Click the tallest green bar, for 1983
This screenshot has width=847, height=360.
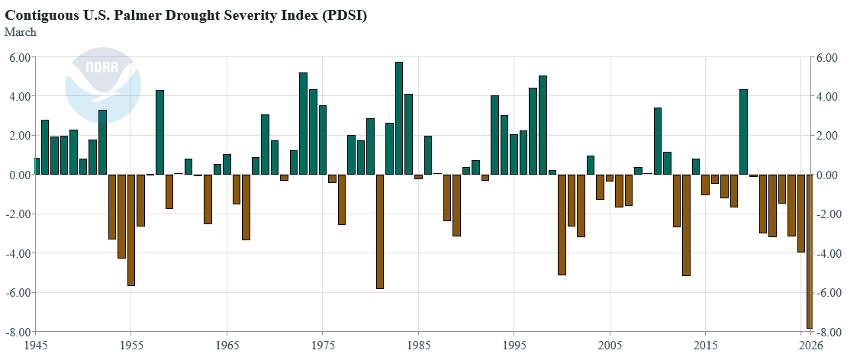[x=399, y=118]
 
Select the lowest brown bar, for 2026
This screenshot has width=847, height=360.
[x=810, y=251]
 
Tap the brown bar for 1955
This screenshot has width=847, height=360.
[x=130, y=230]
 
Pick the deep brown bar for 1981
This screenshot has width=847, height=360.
[x=380, y=232]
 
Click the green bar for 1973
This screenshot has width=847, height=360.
[x=303, y=124]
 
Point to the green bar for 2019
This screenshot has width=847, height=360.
[x=743, y=132]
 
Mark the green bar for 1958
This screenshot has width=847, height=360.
[x=160, y=132]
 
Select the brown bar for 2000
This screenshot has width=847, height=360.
[x=562, y=224]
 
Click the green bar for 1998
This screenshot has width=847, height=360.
[x=543, y=125]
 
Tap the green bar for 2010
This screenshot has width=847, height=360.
[x=658, y=141]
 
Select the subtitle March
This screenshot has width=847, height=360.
[x=21, y=32]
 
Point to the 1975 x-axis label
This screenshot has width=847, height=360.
[x=323, y=345]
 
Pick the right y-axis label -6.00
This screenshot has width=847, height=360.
[x=826, y=293]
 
